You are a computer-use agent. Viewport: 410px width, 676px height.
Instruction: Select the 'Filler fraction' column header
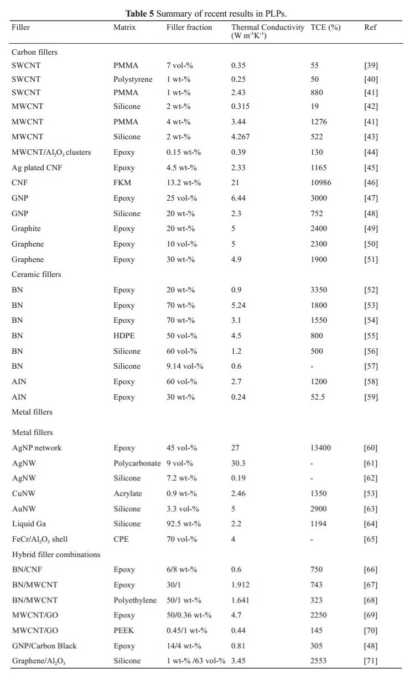coord(189,27)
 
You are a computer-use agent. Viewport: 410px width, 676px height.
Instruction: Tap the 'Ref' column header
coord(370,27)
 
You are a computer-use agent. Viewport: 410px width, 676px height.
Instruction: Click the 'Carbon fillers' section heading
coord(34,52)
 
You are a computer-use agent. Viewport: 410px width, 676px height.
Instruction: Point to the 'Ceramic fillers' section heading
coord(36,274)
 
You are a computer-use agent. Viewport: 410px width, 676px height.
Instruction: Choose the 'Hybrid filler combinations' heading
coord(56,554)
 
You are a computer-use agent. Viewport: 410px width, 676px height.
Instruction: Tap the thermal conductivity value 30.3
coord(238,463)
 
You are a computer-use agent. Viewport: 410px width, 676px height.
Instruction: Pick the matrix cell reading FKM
coord(121,183)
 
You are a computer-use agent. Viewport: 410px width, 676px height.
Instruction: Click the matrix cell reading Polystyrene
coord(133,79)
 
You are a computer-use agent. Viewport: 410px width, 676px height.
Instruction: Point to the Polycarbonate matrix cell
coord(138,463)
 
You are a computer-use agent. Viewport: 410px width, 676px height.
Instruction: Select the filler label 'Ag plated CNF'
coord(37,167)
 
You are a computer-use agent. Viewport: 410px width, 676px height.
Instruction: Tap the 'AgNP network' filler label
coord(37,448)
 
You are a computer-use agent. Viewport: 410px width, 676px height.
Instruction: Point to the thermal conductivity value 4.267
coord(241,137)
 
